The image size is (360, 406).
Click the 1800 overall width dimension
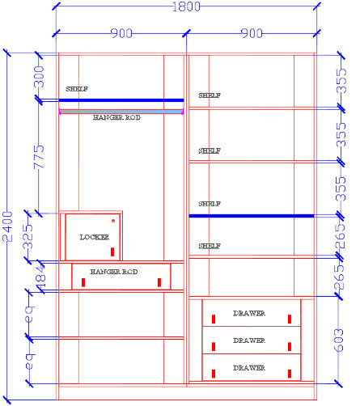click(186, 6)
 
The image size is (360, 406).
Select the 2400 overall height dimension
click(7, 226)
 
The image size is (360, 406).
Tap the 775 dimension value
click(39, 157)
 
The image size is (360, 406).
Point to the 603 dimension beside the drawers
click(339, 340)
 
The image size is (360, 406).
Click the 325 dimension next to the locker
click(28, 236)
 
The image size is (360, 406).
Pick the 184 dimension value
click(41, 277)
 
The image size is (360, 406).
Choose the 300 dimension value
click(39, 77)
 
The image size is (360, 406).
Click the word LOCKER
click(95, 237)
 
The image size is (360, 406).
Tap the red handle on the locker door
click(112, 252)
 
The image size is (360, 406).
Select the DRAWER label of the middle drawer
click(249, 340)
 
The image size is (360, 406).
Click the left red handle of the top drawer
click(214, 319)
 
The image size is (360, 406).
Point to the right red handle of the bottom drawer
click(290, 374)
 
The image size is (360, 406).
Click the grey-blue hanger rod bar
click(121, 112)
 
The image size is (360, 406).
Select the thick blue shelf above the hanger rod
click(121, 100)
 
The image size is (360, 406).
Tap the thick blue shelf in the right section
click(252, 216)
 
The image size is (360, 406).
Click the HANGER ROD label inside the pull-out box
click(114, 272)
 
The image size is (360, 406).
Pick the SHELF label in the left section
click(77, 89)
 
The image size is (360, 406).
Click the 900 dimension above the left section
click(121, 33)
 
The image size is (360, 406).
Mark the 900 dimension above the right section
click(252, 33)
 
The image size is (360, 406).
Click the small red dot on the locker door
click(113, 221)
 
